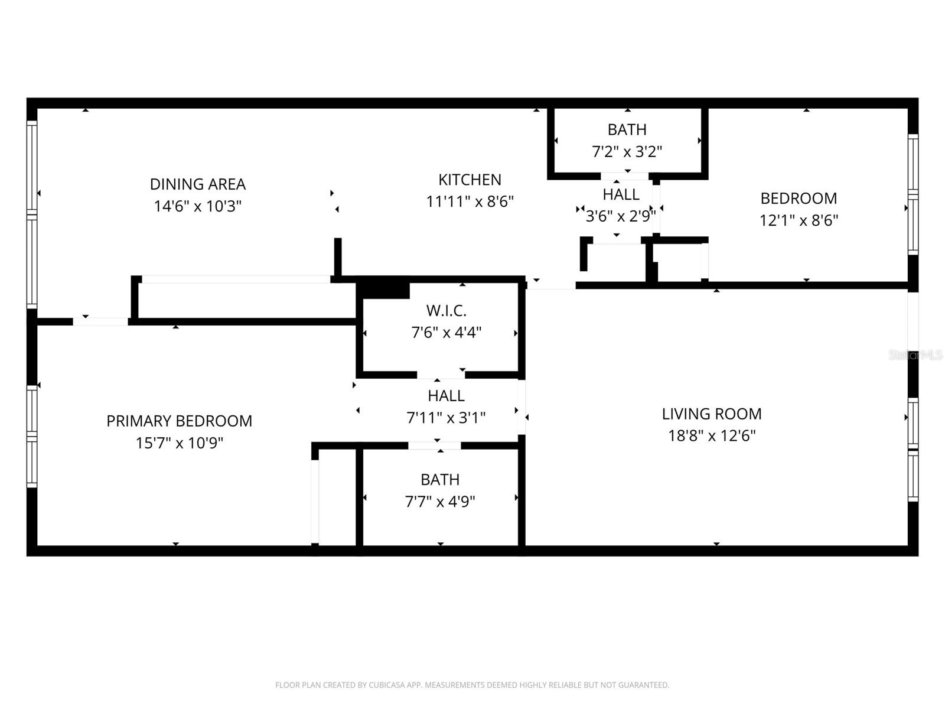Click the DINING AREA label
197,184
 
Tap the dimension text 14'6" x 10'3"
197,206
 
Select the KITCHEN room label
470,180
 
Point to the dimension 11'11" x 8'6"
470,201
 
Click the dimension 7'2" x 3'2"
627,152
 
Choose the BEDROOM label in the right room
799,198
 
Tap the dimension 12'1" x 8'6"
799,220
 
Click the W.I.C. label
446,310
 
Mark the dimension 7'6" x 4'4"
446,333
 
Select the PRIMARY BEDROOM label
179,421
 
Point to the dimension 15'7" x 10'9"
179,443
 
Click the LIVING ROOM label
711,414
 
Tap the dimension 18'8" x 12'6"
711,436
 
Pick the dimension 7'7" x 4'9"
440,502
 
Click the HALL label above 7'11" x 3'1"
446,395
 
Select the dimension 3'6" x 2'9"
620,216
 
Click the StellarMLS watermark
915,355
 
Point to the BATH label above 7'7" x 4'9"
440,479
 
